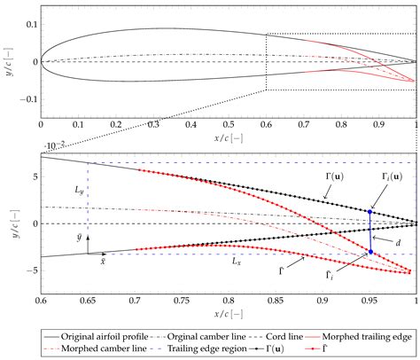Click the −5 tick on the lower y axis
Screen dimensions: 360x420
[31, 271]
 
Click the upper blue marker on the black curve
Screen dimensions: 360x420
[369, 212]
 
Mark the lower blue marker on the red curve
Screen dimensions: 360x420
[369, 253]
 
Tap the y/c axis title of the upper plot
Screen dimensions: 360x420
[7, 61]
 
